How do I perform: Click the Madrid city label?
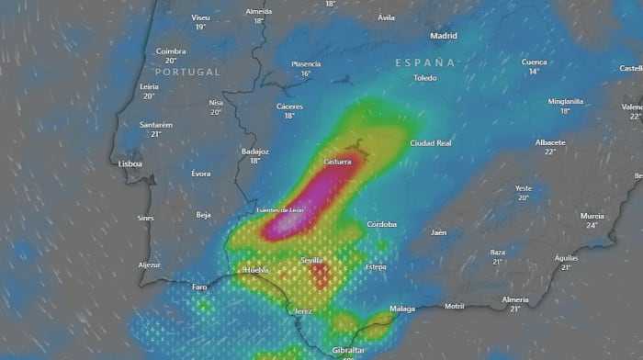click(x=444, y=36)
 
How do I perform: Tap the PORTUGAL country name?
click(x=187, y=72)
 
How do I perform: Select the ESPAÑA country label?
click(x=425, y=62)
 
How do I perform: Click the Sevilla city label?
click(x=312, y=261)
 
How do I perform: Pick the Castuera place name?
click(x=337, y=162)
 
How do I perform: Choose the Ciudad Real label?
click(x=431, y=143)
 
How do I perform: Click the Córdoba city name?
click(x=381, y=224)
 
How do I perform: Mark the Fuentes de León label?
click(x=280, y=210)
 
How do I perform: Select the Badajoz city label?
click(x=254, y=151)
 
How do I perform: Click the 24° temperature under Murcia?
click(x=592, y=225)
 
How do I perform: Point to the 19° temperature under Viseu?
click(x=200, y=27)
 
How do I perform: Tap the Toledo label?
click(x=425, y=78)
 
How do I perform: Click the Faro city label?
click(x=199, y=287)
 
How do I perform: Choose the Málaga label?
click(x=401, y=309)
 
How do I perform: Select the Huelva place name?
click(x=255, y=270)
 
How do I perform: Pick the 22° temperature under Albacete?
click(x=550, y=152)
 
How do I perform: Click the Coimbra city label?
click(x=171, y=51)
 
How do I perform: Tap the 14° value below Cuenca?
click(x=534, y=72)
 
